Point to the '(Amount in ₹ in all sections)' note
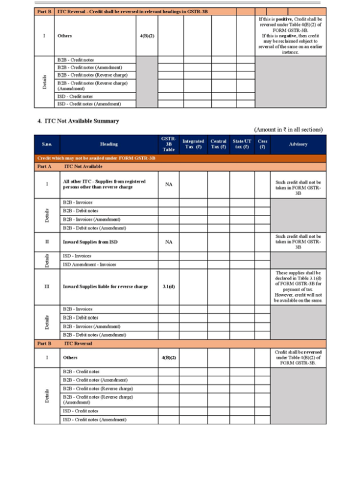pos(289,129)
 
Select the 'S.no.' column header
pos(47,144)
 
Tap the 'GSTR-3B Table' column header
pos(169,144)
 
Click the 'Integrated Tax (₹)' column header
pos(193,144)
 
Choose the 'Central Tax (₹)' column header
pos(218,144)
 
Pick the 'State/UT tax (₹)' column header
pos(242,144)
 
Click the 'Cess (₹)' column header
pos(262,144)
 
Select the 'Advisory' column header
pos(298,144)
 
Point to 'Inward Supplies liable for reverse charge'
pos(105,286)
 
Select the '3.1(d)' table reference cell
pos(169,286)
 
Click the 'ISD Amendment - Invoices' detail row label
pos(89,264)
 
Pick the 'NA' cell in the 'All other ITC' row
pos(169,184)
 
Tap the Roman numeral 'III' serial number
pos(47,286)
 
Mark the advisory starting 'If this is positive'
pos(290,35)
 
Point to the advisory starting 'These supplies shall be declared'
pos(298,286)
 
